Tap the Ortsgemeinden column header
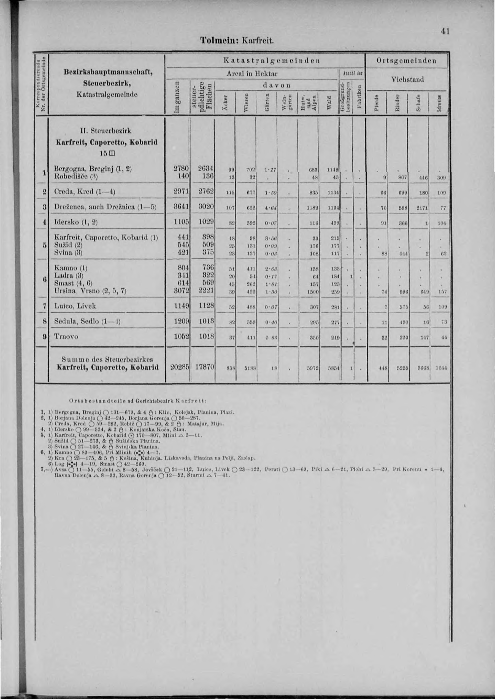[407, 61]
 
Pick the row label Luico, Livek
[75, 306]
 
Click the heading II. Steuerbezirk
[106, 131]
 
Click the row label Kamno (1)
[71, 268]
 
